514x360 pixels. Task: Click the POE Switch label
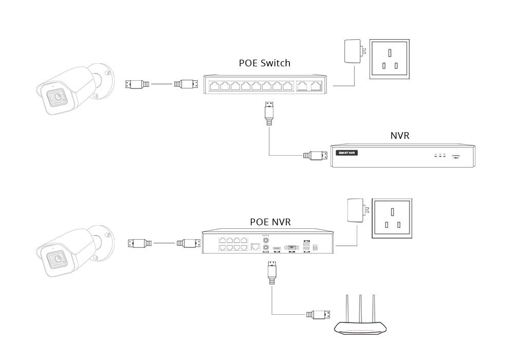(x=264, y=63)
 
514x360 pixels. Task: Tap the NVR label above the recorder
(x=400, y=136)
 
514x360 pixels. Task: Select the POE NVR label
(x=270, y=222)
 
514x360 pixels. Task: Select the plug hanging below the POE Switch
(x=268, y=113)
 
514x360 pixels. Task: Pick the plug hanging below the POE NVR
(x=271, y=273)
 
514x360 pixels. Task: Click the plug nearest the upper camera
(x=137, y=83)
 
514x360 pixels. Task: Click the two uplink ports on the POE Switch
(x=310, y=86)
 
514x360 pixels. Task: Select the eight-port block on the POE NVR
(x=232, y=243)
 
